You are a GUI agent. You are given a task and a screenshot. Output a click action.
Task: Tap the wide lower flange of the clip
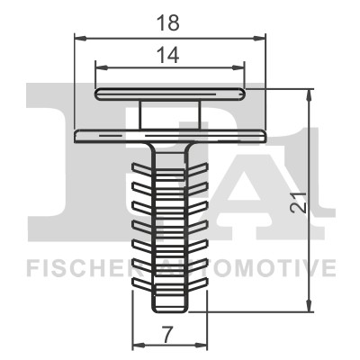click(170, 136)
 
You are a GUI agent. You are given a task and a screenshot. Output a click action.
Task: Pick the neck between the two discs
click(170, 114)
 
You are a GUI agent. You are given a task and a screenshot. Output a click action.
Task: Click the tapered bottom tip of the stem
click(170, 302)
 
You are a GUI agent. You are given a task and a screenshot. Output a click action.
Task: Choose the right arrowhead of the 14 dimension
click(240, 67)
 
